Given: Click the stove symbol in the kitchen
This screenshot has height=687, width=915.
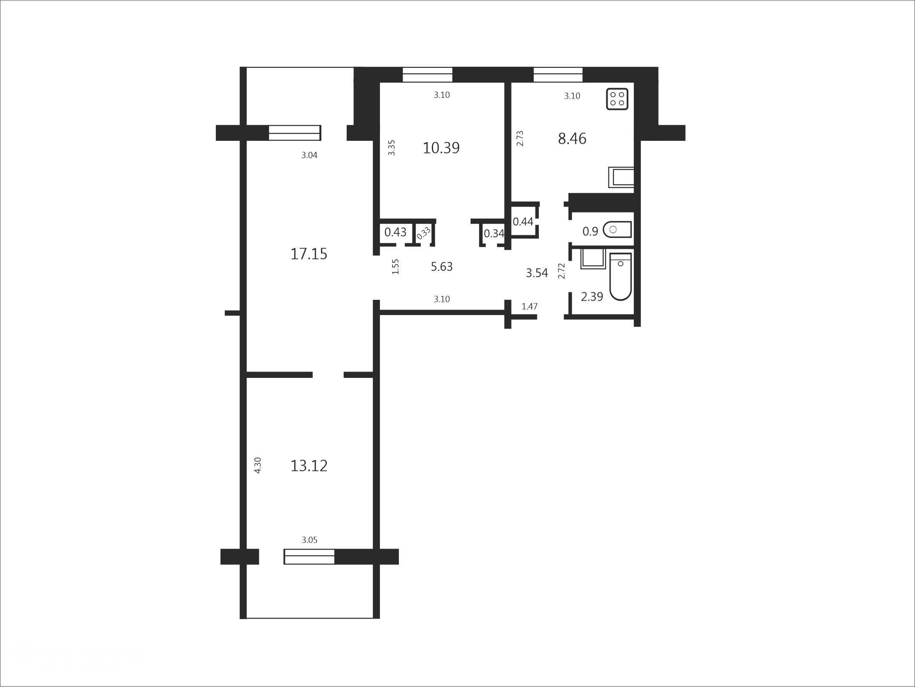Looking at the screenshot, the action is [617, 99].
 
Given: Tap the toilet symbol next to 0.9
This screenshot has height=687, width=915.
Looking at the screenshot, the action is [617, 229].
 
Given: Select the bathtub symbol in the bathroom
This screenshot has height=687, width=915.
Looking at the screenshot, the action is [620, 277].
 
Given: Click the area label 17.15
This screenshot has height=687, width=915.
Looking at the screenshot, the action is [309, 254].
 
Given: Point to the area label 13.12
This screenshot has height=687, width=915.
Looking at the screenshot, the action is [309, 466].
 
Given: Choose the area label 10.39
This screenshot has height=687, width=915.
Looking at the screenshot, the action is [441, 148].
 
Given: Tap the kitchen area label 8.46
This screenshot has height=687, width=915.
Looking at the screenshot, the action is [572, 138].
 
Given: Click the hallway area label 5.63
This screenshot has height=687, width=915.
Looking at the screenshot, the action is [441, 267].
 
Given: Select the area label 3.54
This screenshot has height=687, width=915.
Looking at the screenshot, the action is [537, 273].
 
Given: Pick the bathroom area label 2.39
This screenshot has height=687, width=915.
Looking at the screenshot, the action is [592, 296].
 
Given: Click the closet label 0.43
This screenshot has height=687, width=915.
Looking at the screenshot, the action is [396, 232].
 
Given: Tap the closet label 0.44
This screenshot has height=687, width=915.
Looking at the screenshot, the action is [523, 221].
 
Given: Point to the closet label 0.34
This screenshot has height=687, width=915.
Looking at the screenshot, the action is [494, 233].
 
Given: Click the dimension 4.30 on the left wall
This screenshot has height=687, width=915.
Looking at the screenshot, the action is [258, 465].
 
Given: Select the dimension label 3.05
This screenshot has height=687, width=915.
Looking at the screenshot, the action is [309, 540].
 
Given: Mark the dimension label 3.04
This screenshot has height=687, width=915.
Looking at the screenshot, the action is [309, 155].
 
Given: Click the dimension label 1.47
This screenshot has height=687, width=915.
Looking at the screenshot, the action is [530, 306].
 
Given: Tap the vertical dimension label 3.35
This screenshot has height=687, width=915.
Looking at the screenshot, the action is [392, 148].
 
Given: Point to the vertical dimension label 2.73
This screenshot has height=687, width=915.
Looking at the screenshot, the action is [520, 138].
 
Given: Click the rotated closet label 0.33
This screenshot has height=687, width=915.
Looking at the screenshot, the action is [424, 233].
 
